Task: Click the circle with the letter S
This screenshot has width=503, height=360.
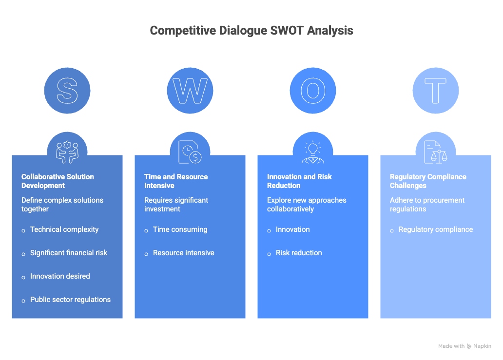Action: [67, 91]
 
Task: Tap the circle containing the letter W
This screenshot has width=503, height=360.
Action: [190, 91]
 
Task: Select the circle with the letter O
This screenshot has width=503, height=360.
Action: [313, 91]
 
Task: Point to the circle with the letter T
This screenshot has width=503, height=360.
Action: [436, 91]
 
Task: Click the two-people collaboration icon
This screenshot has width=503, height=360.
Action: [67, 152]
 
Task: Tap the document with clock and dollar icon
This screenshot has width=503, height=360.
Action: [190, 152]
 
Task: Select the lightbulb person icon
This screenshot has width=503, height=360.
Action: [313, 152]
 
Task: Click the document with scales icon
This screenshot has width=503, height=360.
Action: [436, 152]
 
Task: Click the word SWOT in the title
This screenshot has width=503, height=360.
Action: [287, 31]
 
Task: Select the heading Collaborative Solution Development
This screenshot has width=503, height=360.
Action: [58, 181]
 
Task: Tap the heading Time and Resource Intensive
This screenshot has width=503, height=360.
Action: [176, 181]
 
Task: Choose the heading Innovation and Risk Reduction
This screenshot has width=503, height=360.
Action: [299, 181]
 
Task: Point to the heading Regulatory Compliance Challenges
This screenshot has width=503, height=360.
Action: [428, 181]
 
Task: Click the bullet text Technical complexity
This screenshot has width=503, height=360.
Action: [64, 229]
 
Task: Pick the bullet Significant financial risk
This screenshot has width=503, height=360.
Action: [69, 253]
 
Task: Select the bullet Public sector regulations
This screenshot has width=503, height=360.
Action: [70, 300]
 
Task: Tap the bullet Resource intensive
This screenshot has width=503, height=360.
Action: [183, 253]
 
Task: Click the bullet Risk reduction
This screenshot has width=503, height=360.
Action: [299, 253]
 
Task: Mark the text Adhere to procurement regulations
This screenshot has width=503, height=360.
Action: [427, 205]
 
